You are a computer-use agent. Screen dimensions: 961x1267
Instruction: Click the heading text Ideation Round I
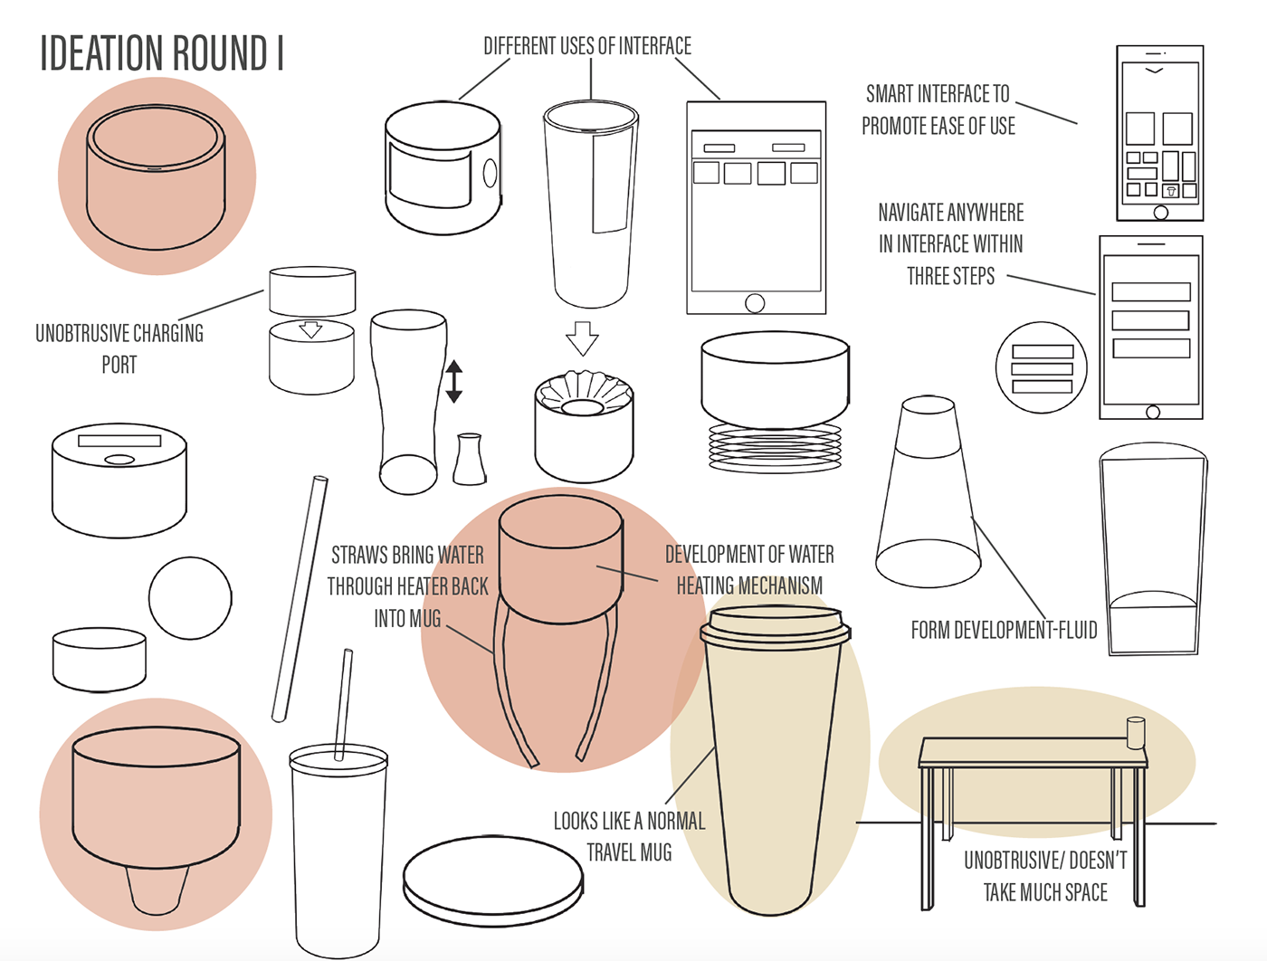click(x=161, y=53)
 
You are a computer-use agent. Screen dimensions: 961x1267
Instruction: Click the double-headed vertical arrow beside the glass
click(x=454, y=381)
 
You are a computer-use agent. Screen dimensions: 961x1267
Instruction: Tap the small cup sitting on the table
click(x=1135, y=733)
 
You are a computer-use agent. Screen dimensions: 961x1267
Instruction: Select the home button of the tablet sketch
click(x=755, y=303)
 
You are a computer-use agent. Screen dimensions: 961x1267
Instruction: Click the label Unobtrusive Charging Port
click(x=119, y=348)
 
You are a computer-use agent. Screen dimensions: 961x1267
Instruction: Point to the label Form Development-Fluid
click(x=1003, y=630)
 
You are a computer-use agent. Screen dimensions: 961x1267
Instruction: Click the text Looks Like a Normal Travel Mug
click(x=629, y=836)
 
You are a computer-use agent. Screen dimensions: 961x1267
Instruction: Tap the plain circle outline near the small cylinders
click(x=190, y=598)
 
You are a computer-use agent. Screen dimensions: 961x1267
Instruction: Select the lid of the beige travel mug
click(x=776, y=627)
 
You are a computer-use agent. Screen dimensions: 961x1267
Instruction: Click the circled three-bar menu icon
click(x=1042, y=368)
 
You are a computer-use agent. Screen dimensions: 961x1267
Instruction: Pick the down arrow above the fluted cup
click(x=582, y=338)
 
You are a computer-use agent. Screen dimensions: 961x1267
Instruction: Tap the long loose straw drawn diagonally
click(x=300, y=598)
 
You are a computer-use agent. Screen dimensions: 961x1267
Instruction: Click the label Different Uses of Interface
click(x=586, y=46)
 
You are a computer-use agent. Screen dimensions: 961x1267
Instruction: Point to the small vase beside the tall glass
click(x=469, y=460)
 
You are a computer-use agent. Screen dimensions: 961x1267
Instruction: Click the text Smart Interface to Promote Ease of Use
click(x=938, y=109)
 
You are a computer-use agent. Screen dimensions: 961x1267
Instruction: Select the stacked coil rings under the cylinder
click(x=775, y=445)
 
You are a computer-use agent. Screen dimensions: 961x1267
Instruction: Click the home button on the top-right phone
click(x=1160, y=213)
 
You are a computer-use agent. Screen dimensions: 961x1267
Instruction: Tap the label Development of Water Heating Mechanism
click(x=749, y=570)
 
